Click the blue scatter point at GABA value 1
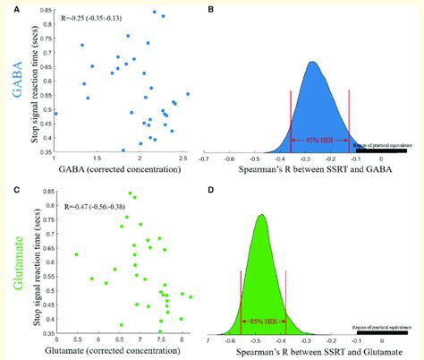55,114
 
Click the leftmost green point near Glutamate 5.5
77,254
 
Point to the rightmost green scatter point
191,296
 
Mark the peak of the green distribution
261,215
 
